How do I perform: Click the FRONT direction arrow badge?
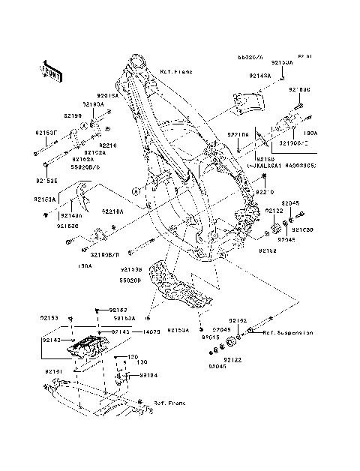coord(50,69)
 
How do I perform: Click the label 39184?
coord(148,375)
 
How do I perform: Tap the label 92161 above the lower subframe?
coord(54,370)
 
